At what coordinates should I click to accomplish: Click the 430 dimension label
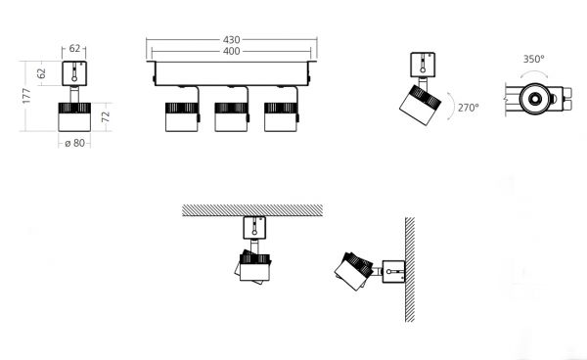click(x=231, y=40)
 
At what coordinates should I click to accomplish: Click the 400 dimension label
click(x=231, y=51)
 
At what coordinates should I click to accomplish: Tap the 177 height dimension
click(x=26, y=96)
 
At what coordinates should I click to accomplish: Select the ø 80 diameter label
click(x=75, y=143)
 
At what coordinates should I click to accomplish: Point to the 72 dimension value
click(x=106, y=116)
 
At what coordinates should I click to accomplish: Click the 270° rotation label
click(x=469, y=108)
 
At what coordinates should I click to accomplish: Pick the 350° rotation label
click(x=533, y=59)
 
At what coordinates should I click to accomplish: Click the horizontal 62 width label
click(x=74, y=48)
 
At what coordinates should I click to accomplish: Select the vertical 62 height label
click(x=41, y=73)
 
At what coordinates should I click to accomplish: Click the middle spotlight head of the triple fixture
click(x=231, y=117)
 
